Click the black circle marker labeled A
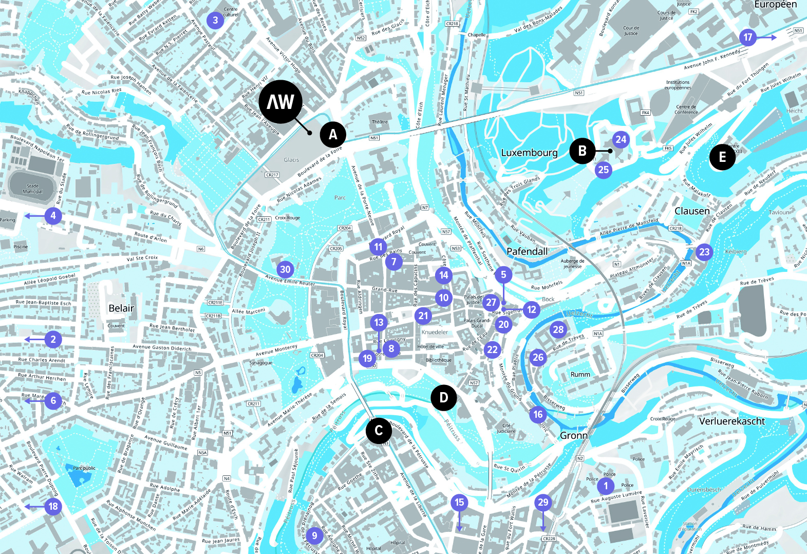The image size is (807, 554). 333,135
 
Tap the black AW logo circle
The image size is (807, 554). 280,102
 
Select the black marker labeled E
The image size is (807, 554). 722,157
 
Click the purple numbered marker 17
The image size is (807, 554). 748,37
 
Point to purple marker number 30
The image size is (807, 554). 285,269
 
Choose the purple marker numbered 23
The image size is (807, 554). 704,252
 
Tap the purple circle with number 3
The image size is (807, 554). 215,21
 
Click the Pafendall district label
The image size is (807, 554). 527,251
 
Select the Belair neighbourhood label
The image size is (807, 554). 121,308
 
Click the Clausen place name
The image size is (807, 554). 692,211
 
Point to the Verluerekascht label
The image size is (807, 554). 732,421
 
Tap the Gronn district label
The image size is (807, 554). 574,436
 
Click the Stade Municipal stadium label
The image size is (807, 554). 32,189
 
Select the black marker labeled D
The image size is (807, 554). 444,397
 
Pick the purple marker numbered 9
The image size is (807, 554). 314,536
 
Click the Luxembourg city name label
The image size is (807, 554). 529,153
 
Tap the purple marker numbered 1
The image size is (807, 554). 606,486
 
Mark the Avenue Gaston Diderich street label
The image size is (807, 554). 162,348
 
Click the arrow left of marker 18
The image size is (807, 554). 34,507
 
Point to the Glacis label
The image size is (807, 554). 291,160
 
